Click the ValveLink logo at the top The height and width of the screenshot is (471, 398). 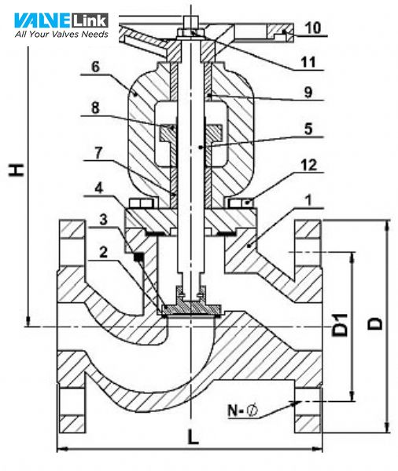(x=61, y=19)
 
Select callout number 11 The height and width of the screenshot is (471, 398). (x=312, y=62)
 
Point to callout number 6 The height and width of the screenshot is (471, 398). (x=97, y=69)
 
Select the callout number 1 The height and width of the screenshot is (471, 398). (x=305, y=200)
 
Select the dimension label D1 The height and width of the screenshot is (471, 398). (x=340, y=326)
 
